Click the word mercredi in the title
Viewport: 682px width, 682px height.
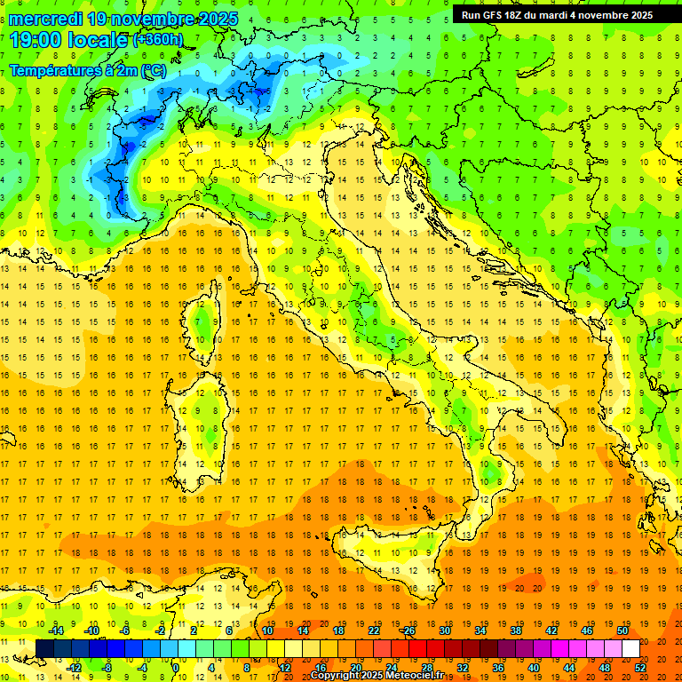(44, 19)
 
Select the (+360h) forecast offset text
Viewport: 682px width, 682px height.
(158, 39)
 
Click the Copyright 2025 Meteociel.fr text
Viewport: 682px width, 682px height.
(377, 676)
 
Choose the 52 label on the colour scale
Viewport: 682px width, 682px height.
(640, 667)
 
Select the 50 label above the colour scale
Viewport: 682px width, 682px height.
(623, 630)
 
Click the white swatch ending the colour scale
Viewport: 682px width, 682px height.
(630, 648)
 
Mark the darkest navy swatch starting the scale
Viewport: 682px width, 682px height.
(44, 648)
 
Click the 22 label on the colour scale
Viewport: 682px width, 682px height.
(373, 630)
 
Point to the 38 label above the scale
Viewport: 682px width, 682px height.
(515, 630)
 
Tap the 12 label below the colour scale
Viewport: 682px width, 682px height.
(284, 667)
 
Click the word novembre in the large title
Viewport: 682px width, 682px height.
(158, 19)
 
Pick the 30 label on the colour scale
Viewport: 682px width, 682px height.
(444, 630)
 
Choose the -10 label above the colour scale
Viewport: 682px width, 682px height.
(90, 630)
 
